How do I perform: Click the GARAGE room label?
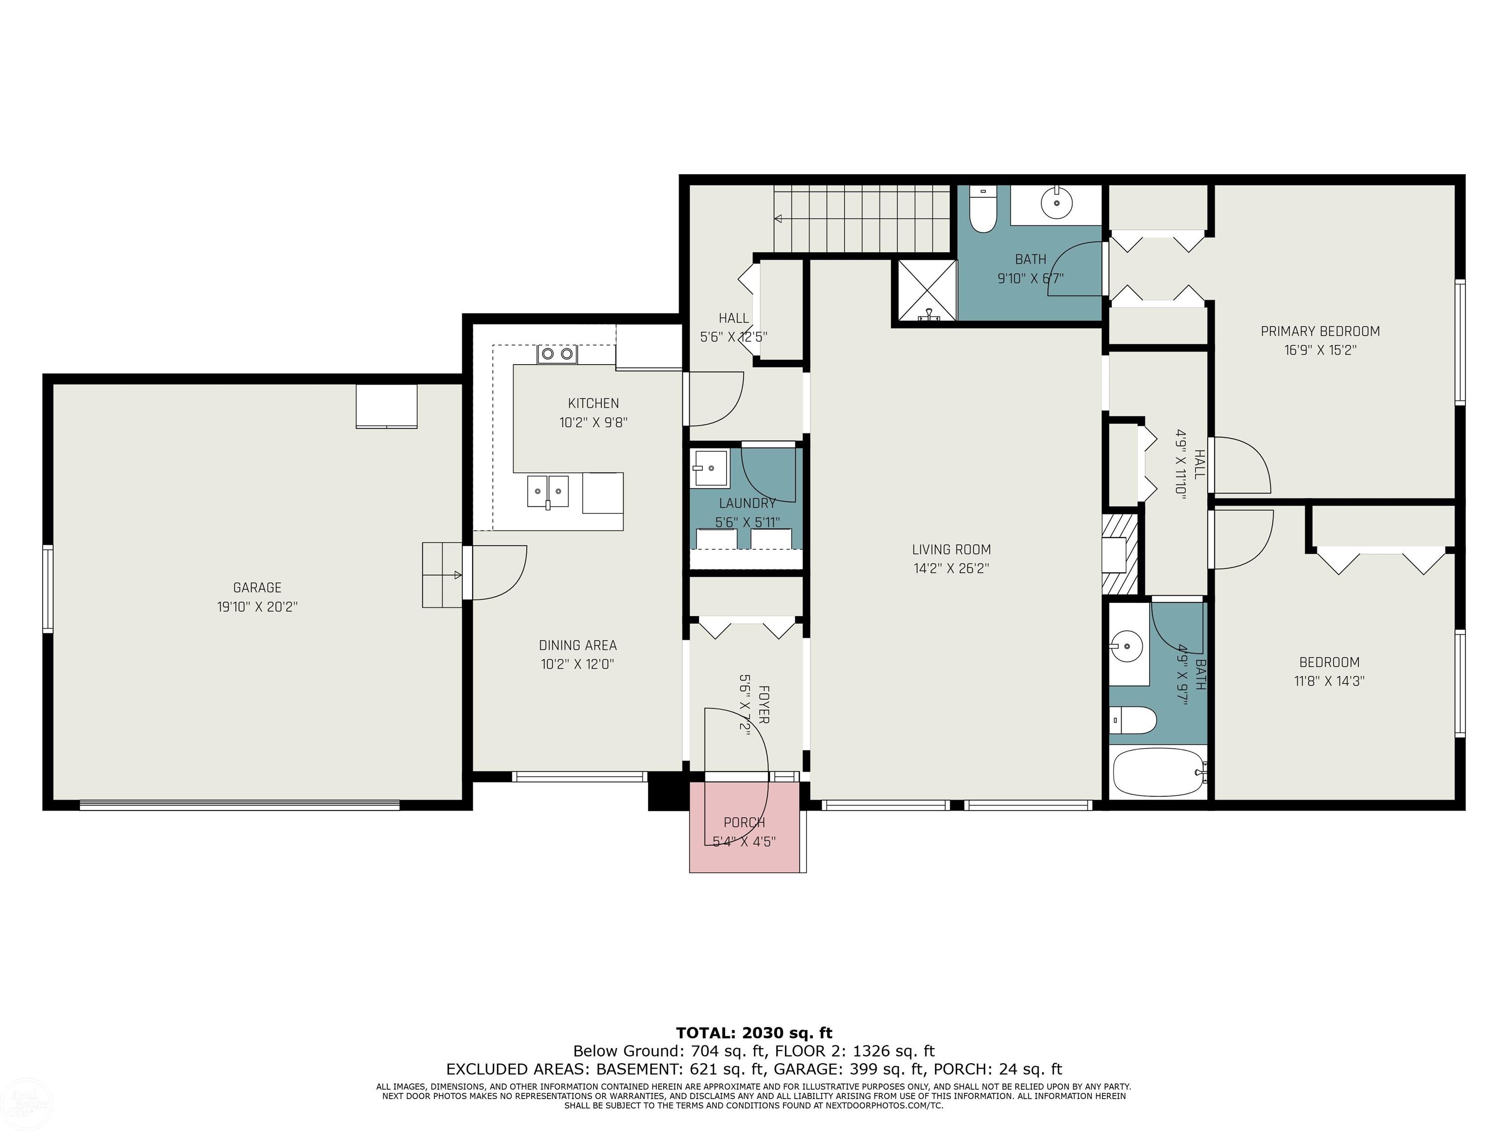[257, 588]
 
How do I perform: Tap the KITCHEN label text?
[593, 404]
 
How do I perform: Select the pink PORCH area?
[745, 827]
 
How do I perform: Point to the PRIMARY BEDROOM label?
[1320, 331]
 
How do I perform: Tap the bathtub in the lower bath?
[1158, 772]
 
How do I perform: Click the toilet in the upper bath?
[983, 208]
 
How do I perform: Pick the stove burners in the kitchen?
[557, 354]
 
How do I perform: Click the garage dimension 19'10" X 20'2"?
[257, 607]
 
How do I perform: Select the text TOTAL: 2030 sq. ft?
[754, 1033]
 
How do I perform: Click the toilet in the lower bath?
[1133, 720]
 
